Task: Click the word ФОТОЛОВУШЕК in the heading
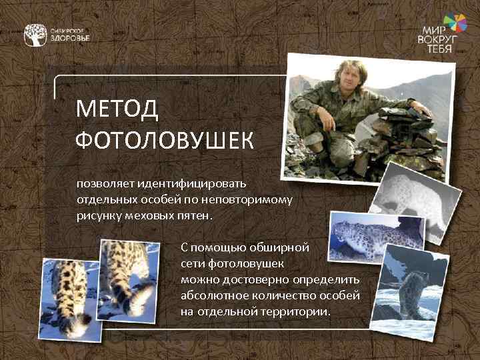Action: (164, 140)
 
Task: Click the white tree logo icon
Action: (35, 35)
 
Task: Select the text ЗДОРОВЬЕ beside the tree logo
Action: (70, 39)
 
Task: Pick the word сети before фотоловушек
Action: (193, 263)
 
